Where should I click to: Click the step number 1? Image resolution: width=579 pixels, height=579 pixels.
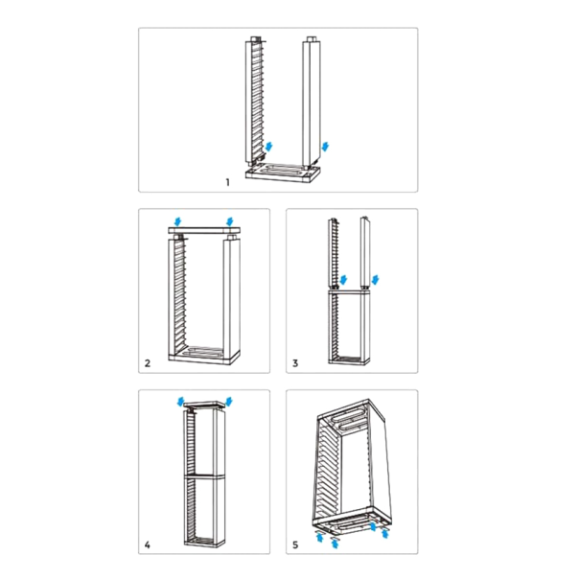228,181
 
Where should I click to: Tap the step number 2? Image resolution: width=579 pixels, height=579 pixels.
148,363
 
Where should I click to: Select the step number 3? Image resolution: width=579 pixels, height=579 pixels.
296,363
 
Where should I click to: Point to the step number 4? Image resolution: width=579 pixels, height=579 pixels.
148,545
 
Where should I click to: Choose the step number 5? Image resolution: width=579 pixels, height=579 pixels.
296,545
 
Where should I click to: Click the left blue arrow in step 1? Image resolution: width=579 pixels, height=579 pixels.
269,146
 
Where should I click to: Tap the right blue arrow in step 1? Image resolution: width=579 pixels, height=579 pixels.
328,146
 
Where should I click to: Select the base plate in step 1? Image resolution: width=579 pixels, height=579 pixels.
280,174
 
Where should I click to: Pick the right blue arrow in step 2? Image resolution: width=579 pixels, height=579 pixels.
229,222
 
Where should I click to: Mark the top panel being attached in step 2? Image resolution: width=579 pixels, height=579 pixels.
203,233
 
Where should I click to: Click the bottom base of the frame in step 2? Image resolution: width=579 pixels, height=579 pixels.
203,357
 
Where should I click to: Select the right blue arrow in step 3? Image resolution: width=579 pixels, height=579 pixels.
377,279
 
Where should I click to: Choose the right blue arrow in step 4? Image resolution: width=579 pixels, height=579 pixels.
229,399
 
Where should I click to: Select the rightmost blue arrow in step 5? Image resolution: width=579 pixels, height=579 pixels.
385,526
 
